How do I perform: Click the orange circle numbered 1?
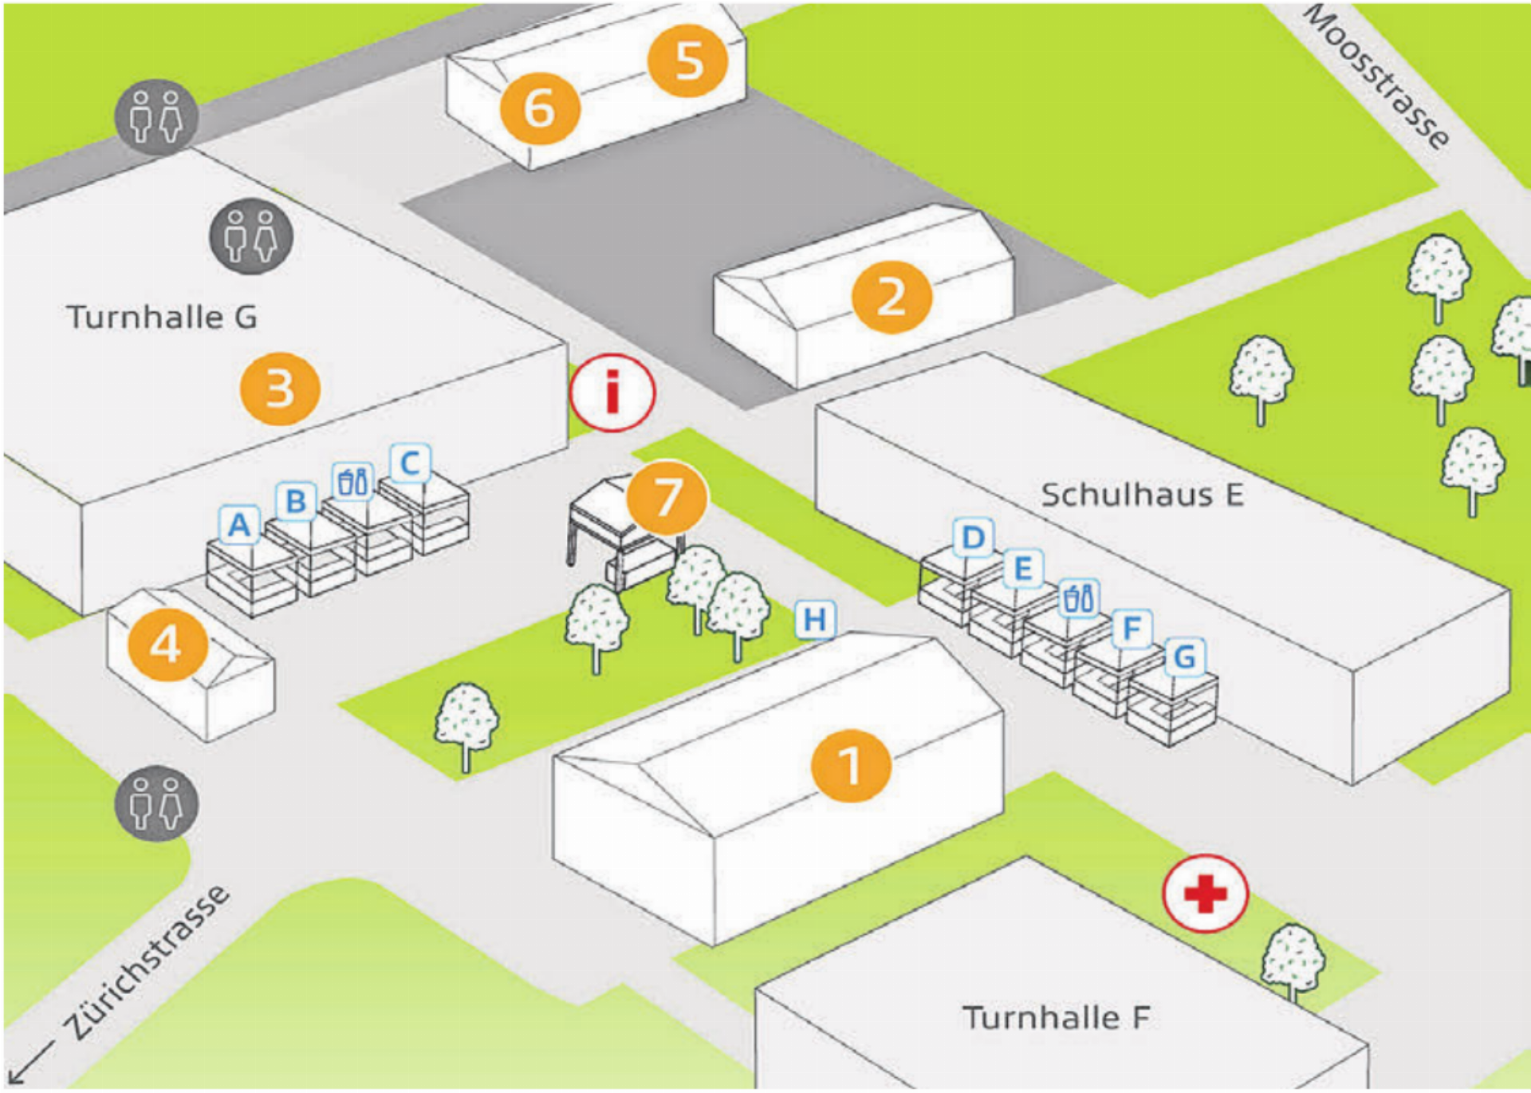851,765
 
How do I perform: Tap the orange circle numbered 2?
891,298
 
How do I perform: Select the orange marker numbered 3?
280,389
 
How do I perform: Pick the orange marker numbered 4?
167,645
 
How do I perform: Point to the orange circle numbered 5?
688,61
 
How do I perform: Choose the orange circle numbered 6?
540,108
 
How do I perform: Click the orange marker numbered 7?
667,497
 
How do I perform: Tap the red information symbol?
612,393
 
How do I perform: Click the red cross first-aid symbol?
1205,894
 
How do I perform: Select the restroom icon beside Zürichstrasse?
156,803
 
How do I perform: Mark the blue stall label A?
239,525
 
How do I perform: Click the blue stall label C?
410,463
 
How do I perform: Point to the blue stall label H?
815,620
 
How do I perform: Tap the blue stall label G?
1185,657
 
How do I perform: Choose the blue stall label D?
973,538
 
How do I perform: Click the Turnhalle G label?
162,318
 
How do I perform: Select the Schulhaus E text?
1142,495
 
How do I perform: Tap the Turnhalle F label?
1057,1017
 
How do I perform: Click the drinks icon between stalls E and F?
1079,598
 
